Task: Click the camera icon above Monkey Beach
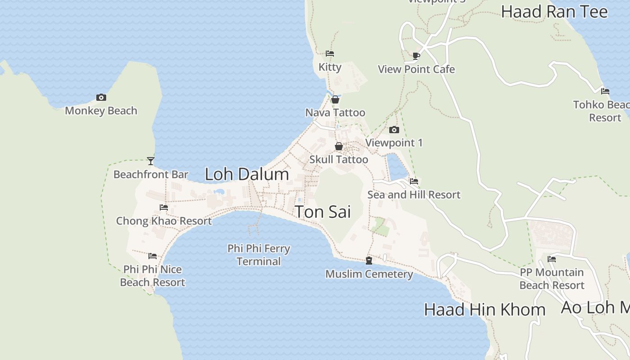tap(101, 97)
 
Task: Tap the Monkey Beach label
tap(101, 111)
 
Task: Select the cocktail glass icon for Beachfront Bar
tap(151, 161)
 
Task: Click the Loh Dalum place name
tap(247, 174)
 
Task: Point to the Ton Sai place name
tap(323, 212)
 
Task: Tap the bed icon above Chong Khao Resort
tap(164, 207)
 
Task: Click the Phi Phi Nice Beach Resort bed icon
tap(153, 256)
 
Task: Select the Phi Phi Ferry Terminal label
tap(259, 255)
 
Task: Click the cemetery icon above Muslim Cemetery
tap(369, 261)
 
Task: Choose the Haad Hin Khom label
tap(485, 310)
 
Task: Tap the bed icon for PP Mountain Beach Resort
tap(552, 259)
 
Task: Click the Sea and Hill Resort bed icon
tap(414, 181)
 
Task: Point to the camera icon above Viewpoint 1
tap(394, 130)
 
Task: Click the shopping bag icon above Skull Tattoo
tap(339, 146)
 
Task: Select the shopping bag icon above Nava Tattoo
tap(335, 99)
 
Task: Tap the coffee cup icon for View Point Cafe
tap(416, 56)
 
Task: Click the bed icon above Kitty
tap(330, 54)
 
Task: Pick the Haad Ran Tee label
tap(554, 12)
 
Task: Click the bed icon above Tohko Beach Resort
tap(605, 91)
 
